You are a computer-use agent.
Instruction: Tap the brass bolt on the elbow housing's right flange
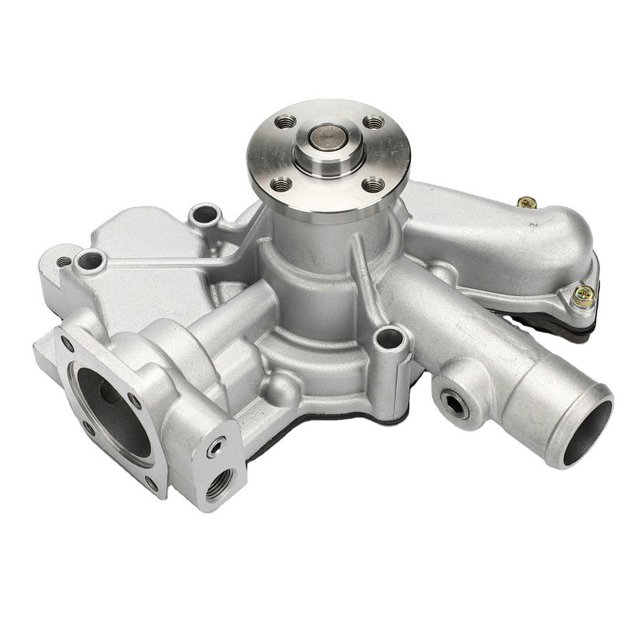pos(583,296)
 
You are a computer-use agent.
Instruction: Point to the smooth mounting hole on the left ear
pos(91,259)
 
